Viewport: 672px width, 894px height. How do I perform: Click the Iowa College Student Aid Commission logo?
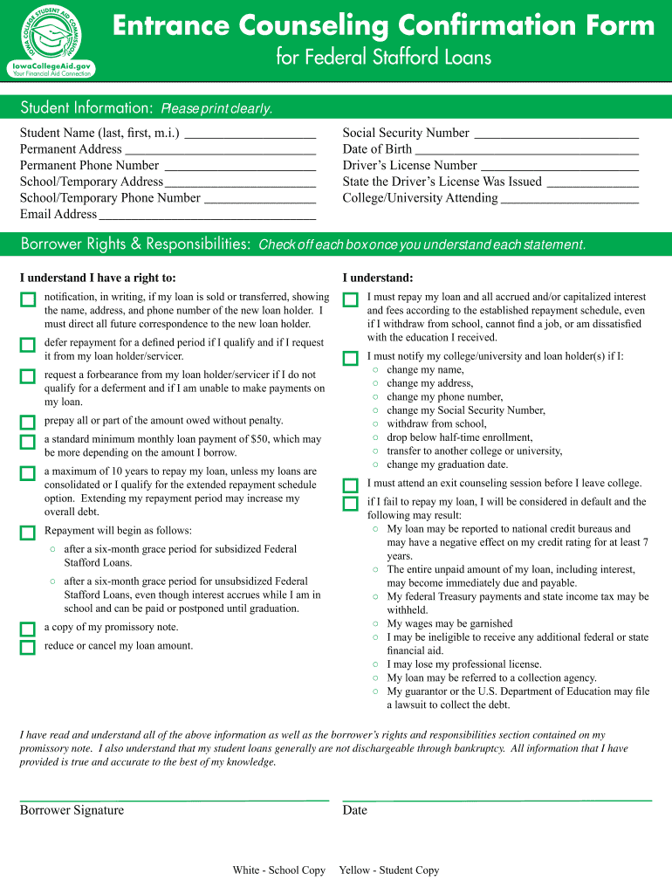click(50, 38)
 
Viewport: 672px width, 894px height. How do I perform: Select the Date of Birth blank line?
click(527, 152)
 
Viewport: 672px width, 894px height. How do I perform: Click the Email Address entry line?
click(207, 217)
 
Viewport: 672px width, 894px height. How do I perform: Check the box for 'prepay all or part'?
click(28, 423)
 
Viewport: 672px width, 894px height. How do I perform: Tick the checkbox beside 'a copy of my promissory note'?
click(28, 629)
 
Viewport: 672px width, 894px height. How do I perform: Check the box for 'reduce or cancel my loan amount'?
click(28, 648)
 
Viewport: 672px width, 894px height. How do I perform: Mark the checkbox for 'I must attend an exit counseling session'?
click(351, 485)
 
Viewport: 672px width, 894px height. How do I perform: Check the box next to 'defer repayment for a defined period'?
click(28, 345)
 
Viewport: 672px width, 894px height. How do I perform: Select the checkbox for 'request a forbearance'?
click(28, 377)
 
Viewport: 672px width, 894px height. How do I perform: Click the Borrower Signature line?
click(174, 799)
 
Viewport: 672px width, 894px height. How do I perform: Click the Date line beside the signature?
click(497, 799)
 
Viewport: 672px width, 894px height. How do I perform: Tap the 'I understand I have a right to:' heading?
click(98, 278)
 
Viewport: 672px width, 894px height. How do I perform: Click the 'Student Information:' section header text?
click(86, 108)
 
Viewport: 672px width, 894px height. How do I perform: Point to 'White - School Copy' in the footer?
click(278, 870)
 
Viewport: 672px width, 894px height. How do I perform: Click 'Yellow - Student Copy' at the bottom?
click(388, 870)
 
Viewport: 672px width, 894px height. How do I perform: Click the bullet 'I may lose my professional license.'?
click(463, 664)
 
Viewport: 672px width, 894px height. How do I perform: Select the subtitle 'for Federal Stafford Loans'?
click(383, 58)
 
